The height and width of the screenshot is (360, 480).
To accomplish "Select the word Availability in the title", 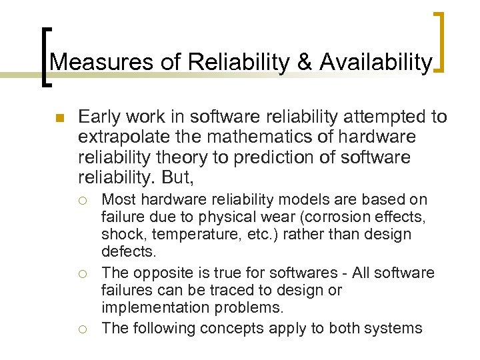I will (x=376, y=63).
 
